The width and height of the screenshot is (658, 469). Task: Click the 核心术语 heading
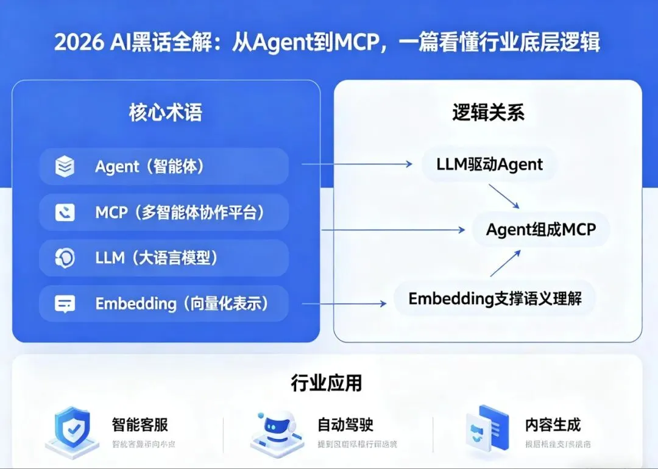tap(165, 113)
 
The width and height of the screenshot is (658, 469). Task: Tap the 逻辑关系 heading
tap(488, 113)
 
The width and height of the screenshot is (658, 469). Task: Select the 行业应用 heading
tap(327, 383)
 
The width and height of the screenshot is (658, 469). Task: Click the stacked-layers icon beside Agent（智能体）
tap(65, 166)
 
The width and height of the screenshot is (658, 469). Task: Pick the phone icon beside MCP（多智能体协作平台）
tap(65, 212)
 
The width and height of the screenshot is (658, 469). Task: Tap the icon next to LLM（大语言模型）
tap(65, 258)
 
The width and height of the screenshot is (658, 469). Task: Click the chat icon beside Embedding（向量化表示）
tap(65, 303)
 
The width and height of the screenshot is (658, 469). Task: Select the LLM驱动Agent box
tap(489, 164)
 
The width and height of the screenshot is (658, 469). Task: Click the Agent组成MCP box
tap(541, 230)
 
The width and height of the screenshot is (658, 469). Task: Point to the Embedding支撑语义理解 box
tap(495, 298)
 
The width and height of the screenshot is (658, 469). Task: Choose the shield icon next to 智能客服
tap(72, 429)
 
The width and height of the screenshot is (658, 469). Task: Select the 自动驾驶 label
tap(345, 424)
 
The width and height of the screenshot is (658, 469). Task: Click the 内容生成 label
tap(553, 424)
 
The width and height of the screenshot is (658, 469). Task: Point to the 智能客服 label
tap(140, 424)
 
